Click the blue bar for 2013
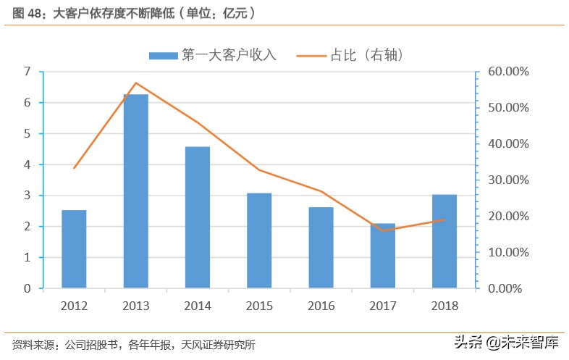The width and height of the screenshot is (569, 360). click(135, 191)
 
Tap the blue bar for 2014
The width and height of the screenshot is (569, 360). click(198, 217)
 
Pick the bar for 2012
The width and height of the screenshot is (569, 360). click(74, 249)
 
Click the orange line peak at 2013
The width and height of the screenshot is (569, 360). click(135, 83)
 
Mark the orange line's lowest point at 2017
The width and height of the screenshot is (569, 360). click(383, 230)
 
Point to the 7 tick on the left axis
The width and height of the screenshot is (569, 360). click(28, 72)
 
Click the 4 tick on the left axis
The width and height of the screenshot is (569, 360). click(28, 164)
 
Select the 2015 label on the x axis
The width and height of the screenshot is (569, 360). click(259, 306)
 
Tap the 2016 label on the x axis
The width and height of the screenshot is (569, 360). click(321, 306)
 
